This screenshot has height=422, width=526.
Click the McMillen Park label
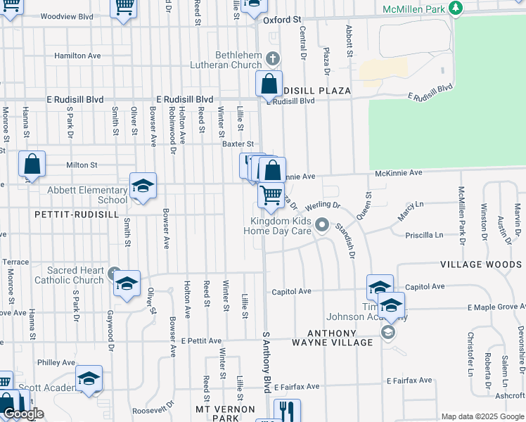pos(414,8)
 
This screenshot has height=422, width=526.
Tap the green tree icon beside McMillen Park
pos(457,8)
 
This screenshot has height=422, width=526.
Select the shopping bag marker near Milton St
pos(32,165)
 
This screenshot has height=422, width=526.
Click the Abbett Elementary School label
pos(88,195)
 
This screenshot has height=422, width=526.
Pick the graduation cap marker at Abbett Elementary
pos(143,186)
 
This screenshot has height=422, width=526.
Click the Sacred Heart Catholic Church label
pos(75,275)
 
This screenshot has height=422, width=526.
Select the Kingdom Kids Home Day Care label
pos(281,226)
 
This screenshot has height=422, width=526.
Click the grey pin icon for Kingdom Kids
pos(322,225)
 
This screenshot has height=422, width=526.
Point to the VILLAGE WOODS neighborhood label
pos(482,264)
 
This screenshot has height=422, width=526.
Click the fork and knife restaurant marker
pos(287,410)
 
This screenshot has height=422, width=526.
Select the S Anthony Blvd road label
pos(267,363)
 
